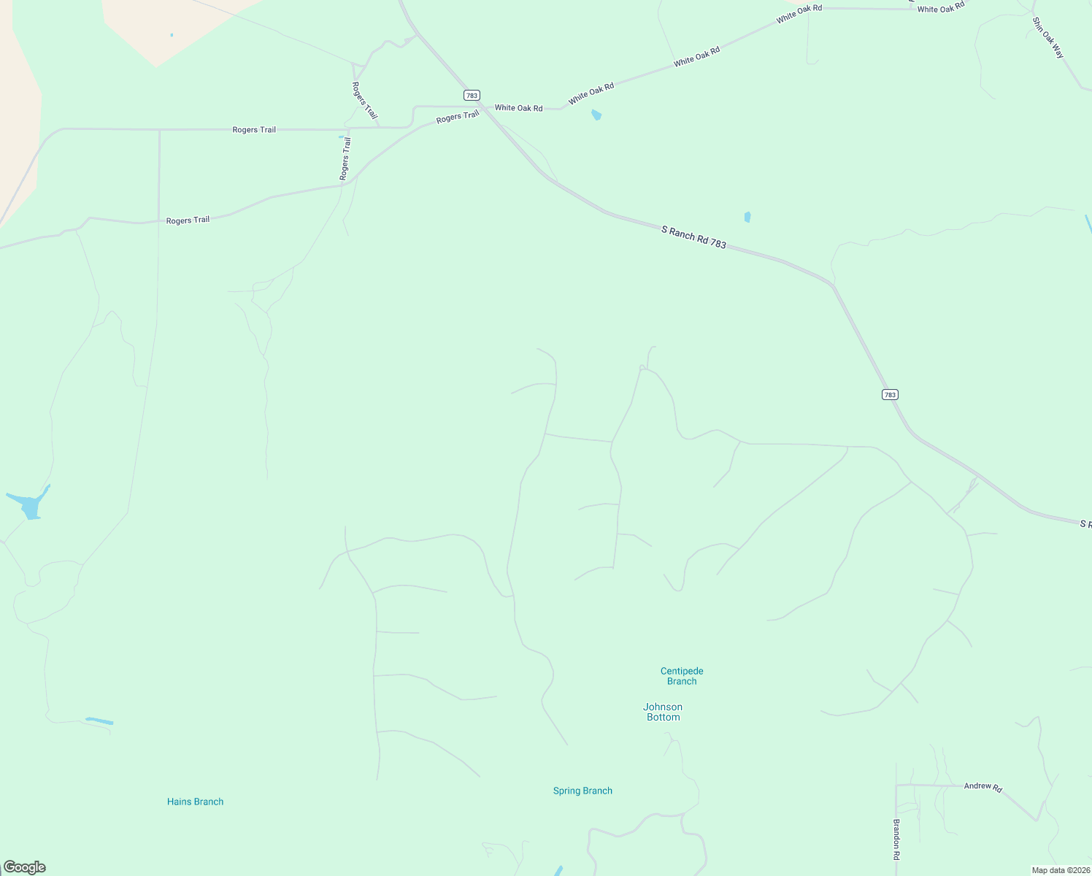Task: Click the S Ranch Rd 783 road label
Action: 693,237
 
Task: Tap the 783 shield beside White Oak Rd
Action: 472,96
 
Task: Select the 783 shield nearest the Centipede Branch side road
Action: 889,395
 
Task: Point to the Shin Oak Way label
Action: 1048,37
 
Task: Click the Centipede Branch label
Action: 682,676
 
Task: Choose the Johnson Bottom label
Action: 663,712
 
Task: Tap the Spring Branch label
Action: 582,791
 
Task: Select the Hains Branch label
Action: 195,802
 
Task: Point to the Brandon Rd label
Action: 896,838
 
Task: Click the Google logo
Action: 24,867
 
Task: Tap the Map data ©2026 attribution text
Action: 1060,870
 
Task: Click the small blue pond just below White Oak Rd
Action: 596,115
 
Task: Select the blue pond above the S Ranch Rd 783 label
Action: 747,217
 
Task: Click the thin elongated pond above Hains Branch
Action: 99,721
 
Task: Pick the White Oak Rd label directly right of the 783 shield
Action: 518,108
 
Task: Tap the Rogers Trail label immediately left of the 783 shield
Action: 458,117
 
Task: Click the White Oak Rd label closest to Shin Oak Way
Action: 941,8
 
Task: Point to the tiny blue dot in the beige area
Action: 172,35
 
